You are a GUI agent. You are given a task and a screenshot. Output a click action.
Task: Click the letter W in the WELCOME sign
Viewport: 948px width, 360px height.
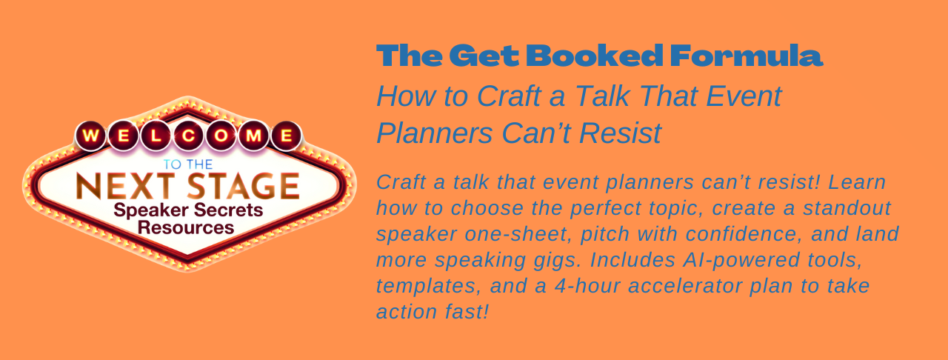tap(90, 136)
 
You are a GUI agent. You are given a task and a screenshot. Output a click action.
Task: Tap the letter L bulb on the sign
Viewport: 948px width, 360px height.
tap(156, 136)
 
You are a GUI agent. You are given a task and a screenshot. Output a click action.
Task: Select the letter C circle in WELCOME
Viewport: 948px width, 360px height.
tap(188, 136)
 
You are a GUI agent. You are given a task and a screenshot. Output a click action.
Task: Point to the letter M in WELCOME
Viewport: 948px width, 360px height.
tap(253, 136)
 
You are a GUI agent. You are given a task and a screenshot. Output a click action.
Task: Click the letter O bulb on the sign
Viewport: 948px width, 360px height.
tap(221, 136)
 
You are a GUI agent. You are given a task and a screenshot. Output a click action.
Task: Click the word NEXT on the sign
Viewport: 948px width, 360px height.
tap(126, 186)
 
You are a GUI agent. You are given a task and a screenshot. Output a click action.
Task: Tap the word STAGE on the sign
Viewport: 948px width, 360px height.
tap(244, 186)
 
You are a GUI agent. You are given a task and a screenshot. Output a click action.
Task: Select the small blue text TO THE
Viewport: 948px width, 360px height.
tap(188, 164)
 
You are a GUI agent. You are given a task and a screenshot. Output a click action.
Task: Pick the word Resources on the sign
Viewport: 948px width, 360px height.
tap(186, 228)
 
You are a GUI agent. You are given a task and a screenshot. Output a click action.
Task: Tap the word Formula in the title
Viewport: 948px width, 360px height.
tap(747, 56)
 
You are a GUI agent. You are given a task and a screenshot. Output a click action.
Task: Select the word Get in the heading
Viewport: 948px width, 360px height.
tap(484, 56)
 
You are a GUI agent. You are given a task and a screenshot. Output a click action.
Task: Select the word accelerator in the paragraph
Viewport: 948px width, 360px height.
tap(685, 286)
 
